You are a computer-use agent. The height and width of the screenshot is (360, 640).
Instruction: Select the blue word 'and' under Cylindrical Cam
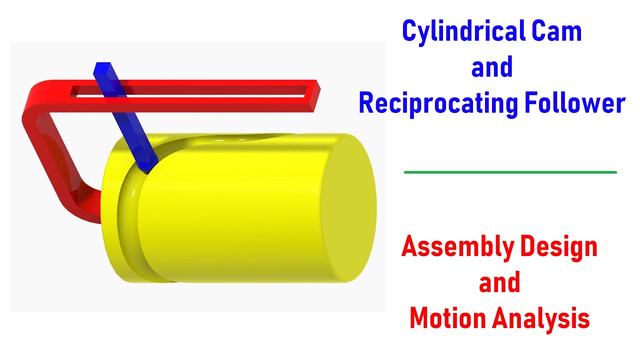pos(492,67)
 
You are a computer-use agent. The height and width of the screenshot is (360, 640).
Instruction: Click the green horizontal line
pos(510,172)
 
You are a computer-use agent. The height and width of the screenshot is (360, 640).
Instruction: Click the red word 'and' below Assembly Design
pos(499,283)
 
